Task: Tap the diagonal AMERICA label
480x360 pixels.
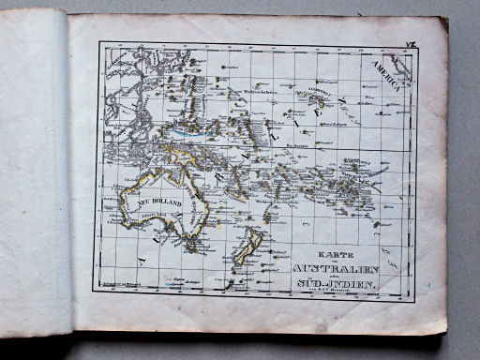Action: point(387,73)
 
